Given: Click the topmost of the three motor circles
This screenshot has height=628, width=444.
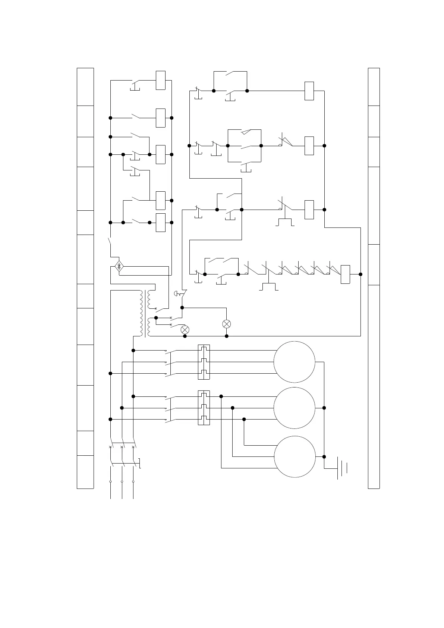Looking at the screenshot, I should [294, 362].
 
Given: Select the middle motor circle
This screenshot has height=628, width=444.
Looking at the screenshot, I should [294, 408].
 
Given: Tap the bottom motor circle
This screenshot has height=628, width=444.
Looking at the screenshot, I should [295, 456].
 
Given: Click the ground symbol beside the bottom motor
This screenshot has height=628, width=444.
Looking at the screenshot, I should [342, 468].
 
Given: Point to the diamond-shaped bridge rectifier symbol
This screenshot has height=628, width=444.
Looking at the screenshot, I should [119, 267].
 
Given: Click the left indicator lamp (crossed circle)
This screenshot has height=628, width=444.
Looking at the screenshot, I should [185, 330].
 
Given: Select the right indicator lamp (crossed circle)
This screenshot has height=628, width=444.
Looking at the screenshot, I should [226, 324].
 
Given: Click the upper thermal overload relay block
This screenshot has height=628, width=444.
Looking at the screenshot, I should [204, 362].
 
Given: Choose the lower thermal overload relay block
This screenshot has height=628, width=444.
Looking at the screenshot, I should [204, 408].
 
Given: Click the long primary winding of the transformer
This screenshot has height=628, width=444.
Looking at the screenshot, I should [141, 313].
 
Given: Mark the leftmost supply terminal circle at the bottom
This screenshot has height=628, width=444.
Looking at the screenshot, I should [110, 481].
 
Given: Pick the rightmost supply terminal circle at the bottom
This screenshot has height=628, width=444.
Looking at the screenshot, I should [133, 481].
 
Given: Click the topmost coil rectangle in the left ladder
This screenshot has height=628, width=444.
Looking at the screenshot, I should [161, 80].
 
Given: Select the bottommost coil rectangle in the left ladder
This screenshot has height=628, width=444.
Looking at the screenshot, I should [161, 223].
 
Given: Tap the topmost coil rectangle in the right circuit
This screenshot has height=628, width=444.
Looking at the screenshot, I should [309, 91].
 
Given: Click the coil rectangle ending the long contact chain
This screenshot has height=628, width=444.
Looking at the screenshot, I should [345, 274].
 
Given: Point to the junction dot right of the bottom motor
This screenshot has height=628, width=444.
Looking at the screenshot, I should [324, 456].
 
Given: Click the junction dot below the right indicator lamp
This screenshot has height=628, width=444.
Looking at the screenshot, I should [227, 336].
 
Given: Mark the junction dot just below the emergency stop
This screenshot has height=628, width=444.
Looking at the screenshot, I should [182, 308].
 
